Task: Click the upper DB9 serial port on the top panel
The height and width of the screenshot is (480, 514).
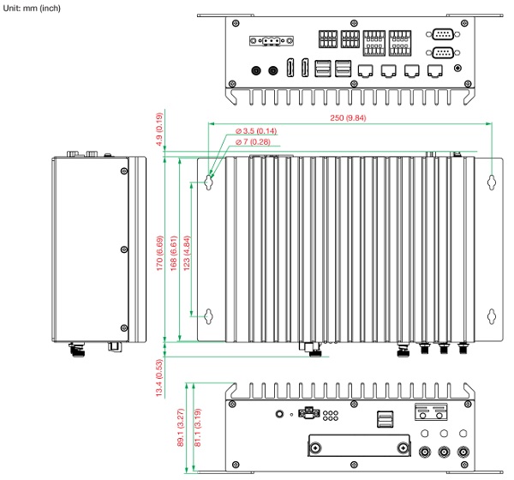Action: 443,35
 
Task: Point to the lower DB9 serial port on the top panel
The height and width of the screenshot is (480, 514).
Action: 443,52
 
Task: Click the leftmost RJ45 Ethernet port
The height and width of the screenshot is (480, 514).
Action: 366,72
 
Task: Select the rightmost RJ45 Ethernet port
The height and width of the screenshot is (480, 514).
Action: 436,72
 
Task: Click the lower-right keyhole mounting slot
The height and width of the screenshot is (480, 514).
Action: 490,316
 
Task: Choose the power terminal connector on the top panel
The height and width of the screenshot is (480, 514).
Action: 270,41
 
